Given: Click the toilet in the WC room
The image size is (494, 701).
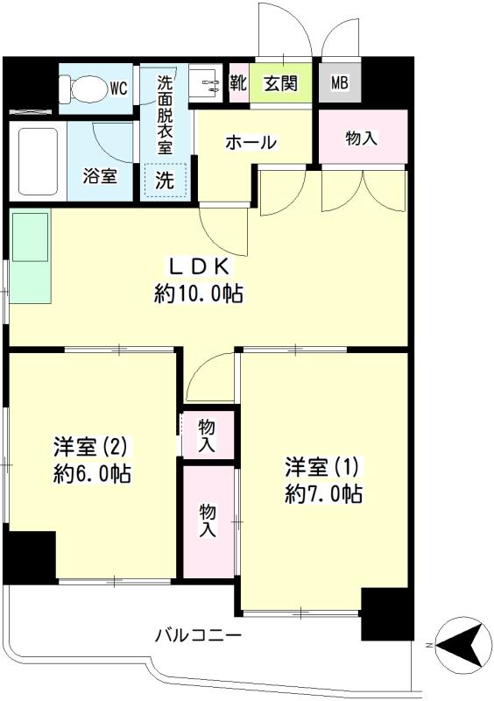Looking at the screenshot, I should pos(83,88).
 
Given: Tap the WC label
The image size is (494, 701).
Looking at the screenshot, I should pos(119,88).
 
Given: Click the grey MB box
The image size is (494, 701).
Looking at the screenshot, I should pos(339,84).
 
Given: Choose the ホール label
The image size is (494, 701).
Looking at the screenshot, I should pos(251,142).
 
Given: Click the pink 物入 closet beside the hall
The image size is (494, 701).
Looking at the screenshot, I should pos(363,138).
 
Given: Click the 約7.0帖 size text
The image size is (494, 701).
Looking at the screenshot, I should pos(323,492).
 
